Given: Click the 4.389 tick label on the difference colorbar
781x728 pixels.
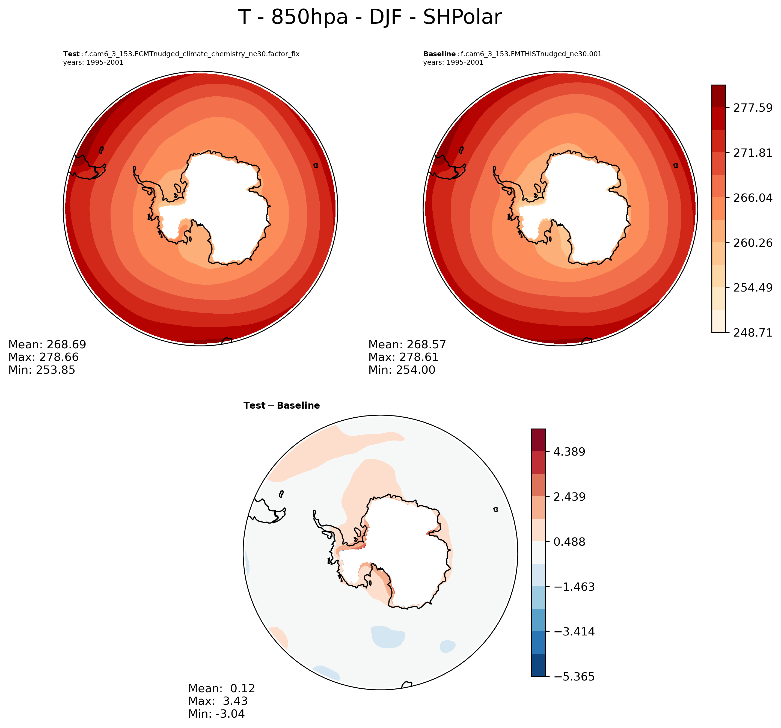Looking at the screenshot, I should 569,452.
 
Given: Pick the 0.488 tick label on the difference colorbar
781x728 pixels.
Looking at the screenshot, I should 569,542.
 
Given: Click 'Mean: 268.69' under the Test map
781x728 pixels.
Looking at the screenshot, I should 47,344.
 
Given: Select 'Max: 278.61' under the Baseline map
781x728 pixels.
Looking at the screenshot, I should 403,357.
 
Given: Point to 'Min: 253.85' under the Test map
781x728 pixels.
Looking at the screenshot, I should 42,370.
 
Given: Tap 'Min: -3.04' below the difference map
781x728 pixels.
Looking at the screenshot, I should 216,714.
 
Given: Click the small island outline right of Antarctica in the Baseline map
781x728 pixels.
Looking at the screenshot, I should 675,165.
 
